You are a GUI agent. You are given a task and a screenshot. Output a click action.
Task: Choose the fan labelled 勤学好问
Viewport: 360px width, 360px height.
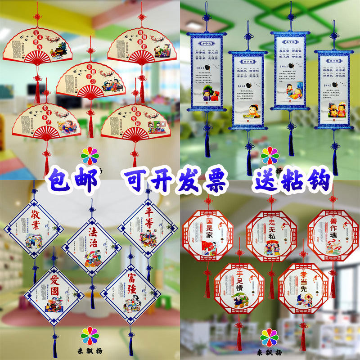tap(130, 121)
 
